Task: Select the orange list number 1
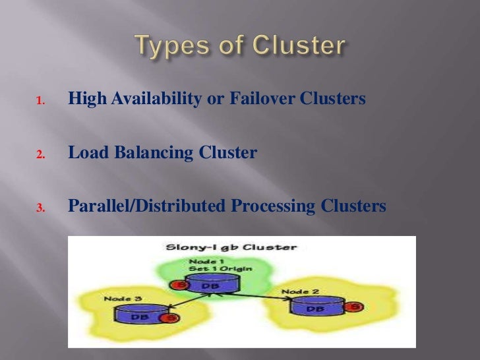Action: coord(40,102)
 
